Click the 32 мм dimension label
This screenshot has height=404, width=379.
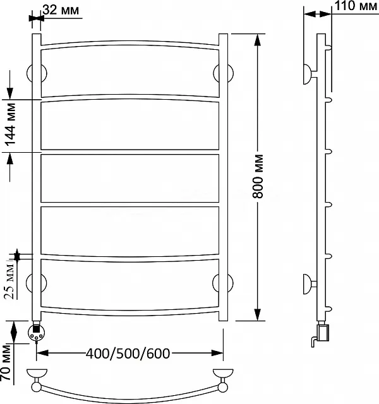pos(61,10)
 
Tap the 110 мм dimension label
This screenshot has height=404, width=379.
pos(356,6)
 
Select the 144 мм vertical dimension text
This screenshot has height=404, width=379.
pos(10,124)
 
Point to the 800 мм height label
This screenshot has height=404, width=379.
pos(258,177)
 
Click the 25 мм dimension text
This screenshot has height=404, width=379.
pos(10,282)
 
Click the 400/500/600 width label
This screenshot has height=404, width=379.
pos(128,353)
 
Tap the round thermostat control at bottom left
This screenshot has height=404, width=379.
pos(36,333)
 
